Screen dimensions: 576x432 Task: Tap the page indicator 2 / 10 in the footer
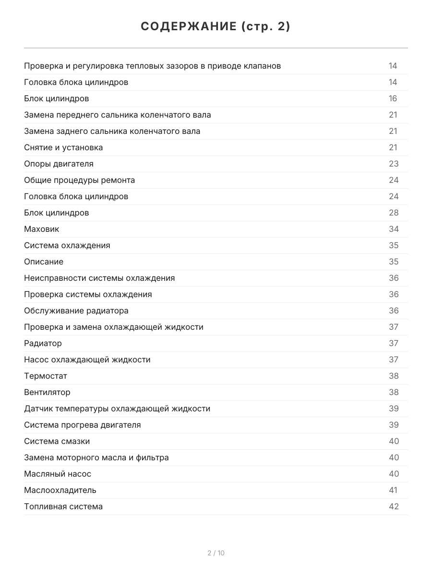coord(216,553)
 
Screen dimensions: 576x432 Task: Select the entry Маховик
coord(42,229)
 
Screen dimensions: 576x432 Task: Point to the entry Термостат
coord(46,376)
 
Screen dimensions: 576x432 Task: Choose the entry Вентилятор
coord(47,392)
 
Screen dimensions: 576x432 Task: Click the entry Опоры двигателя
coord(59,164)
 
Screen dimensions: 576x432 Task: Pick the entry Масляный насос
coord(58,474)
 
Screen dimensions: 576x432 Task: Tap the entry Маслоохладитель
coord(60,490)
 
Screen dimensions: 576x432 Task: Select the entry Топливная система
coord(63,506)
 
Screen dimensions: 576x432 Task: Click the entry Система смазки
coord(57,441)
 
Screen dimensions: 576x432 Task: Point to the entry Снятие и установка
coord(63,147)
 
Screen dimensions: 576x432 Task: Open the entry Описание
coord(44,262)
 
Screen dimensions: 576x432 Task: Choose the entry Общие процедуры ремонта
coord(79,180)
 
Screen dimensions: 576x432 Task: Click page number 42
coord(394,506)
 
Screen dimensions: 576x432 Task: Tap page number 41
coord(393,490)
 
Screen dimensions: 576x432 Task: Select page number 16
coord(393,98)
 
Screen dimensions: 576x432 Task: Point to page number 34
coord(394,229)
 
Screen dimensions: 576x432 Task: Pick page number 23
coord(394,164)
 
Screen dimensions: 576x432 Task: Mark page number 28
coord(394,213)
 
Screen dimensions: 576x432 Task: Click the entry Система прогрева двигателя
coord(83,425)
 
